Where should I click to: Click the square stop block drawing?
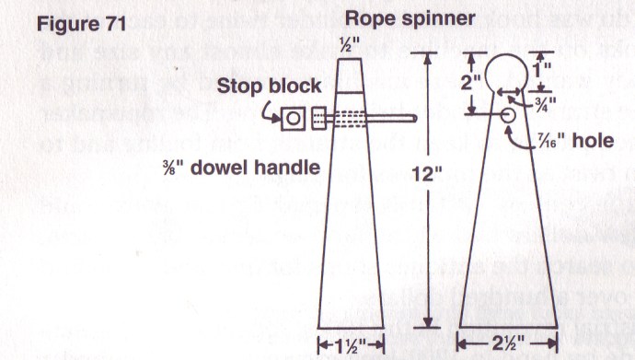click(x=295, y=117)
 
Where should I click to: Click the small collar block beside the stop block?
click(x=319, y=117)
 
